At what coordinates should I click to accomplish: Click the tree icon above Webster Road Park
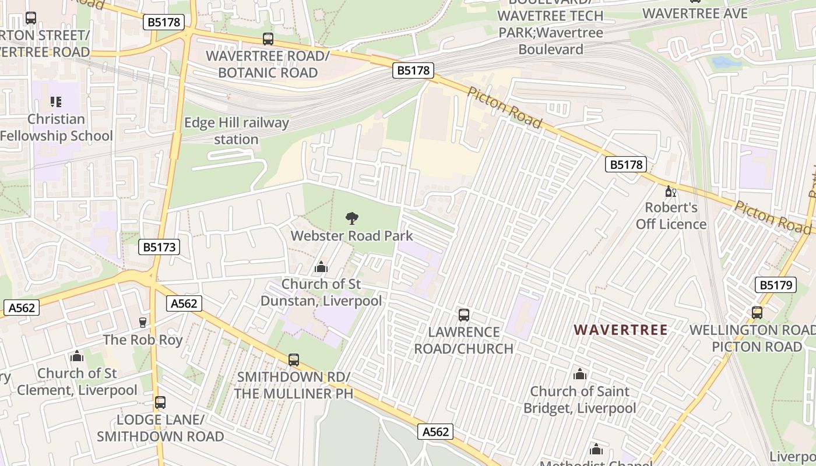click(x=351, y=218)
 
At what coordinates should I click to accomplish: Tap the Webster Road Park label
click(x=351, y=236)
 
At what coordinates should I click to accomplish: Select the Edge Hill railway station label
click(x=236, y=131)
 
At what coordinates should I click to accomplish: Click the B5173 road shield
click(x=159, y=247)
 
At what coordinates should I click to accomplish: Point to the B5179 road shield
click(x=775, y=285)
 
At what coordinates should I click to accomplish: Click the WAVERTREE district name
click(x=621, y=330)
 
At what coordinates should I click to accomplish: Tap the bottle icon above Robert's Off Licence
click(x=670, y=191)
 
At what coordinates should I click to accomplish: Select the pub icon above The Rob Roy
click(x=143, y=322)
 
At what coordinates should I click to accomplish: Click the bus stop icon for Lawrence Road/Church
click(x=464, y=315)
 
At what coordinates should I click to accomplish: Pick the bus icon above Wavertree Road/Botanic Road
click(x=268, y=39)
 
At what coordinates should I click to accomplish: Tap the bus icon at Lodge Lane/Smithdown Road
click(x=160, y=403)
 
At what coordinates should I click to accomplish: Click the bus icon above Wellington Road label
click(x=757, y=313)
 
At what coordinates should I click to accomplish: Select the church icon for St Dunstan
click(x=321, y=267)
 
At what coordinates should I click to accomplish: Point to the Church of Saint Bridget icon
click(x=579, y=374)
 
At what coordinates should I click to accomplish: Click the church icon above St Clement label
click(x=77, y=356)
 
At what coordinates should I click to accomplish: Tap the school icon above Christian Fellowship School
click(x=56, y=103)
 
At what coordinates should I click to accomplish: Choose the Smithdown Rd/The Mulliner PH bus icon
click(x=294, y=360)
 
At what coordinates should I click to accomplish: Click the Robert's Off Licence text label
click(x=671, y=216)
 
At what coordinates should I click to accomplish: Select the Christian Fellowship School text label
click(x=56, y=128)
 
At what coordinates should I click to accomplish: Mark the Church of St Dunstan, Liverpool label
click(x=321, y=292)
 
